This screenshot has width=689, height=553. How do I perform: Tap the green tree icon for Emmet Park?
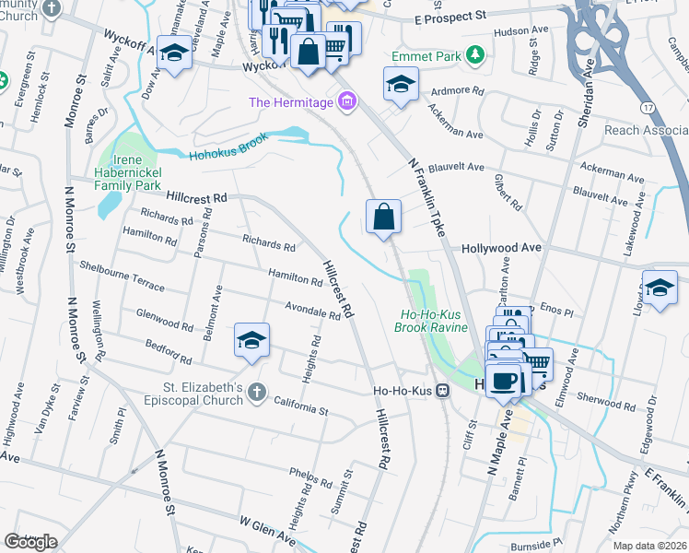click(x=475, y=56)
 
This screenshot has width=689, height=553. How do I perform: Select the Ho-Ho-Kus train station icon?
click(x=443, y=391)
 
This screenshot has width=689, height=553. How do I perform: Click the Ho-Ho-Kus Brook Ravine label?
click(x=431, y=321)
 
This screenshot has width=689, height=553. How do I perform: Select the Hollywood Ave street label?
click(x=500, y=249)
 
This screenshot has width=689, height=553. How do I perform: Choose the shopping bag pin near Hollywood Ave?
click(x=384, y=218)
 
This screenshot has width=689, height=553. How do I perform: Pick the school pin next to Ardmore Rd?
click(x=401, y=85)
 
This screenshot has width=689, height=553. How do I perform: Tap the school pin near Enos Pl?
click(x=659, y=288)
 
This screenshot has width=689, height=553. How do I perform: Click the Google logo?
click(x=30, y=542)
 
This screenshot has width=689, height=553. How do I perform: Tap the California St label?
click(x=301, y=406)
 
